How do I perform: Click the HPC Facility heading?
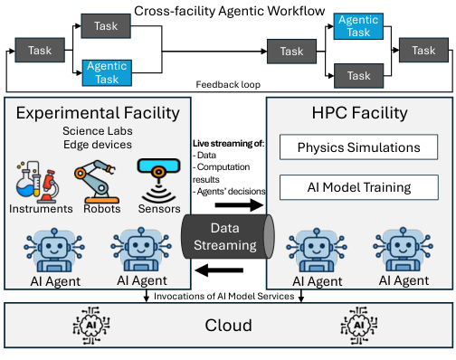coord(358,114)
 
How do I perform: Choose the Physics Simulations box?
coord(358,147)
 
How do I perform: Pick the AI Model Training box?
coord(358,187)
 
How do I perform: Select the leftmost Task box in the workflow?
coord(39,52)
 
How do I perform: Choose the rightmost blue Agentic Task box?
coord(357,25)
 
